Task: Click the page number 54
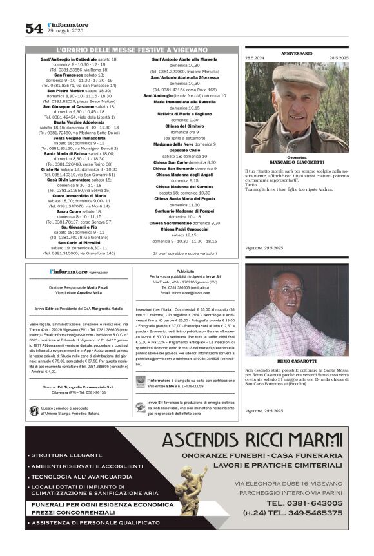click(34, 28)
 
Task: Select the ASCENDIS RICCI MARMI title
click(252, 440)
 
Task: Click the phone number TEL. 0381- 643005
click(303, 503)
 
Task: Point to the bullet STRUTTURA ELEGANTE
click(62, 455)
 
